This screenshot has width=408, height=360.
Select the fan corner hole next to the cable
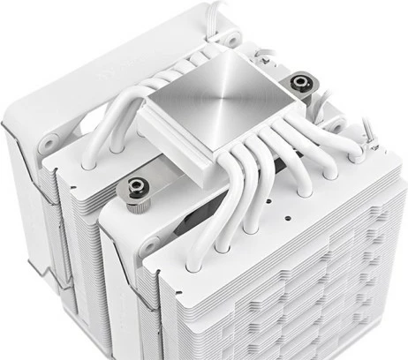click(x=231, y=40)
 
